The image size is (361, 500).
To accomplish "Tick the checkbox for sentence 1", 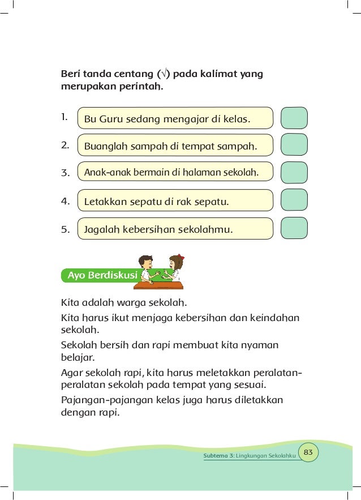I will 294,118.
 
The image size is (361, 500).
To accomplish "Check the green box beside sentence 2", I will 294,145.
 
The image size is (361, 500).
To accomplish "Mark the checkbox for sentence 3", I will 294,172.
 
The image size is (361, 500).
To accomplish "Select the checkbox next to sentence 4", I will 294,200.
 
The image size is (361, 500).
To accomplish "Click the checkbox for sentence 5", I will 294,228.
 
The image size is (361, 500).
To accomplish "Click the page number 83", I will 308,452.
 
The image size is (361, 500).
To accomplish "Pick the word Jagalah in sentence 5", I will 101,230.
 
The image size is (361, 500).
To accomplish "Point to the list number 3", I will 65,173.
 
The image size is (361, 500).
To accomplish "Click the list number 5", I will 65,230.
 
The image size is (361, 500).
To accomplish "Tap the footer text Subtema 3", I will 218,456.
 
